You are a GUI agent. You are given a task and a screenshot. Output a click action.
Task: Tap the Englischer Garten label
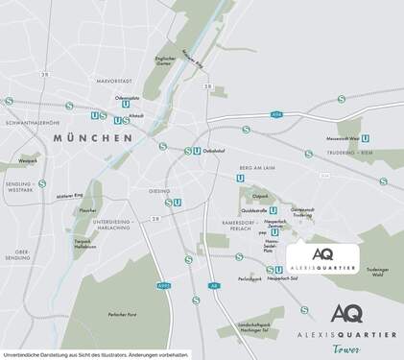[169, 61]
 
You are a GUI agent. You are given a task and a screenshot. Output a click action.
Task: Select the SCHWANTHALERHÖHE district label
[33, 123]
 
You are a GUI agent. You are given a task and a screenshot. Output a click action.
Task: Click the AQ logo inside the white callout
[323, 253]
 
